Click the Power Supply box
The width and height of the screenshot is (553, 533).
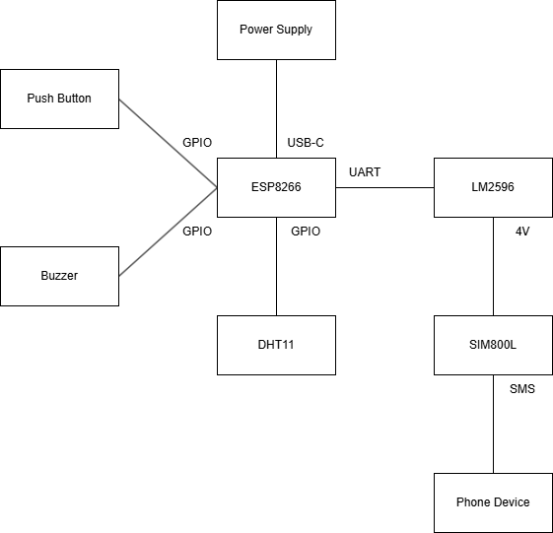click(x=276, y=30)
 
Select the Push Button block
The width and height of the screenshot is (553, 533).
click(x=59, y=99)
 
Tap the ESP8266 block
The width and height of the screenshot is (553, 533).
click(x=276, y=187)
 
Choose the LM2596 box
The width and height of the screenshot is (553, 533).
click(x=493, y=187)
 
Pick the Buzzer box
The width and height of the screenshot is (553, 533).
click(x=59, y=276)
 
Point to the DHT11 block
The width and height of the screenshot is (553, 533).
click(x=276, y=345)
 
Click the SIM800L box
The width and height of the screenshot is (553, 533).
click(x=493, y=345)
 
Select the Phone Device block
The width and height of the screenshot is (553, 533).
click(x=493, y=502)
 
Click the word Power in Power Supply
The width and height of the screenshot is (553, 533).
click(x=255, y=30)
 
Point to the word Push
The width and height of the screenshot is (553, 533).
click(x=39, y=99)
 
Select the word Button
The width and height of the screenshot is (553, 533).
click(x=73, y=99)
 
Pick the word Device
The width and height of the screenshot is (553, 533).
click(x=512, y=502)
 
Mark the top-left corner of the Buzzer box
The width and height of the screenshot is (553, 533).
click(x=1, y=247)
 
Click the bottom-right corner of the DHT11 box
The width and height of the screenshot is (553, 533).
click(x=335, y=374)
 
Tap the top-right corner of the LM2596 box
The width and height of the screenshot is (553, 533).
click(x=552, y=159)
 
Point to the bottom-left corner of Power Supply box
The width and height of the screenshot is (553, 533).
click(x=218, y=59)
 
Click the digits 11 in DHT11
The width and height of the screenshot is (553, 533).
click(x=289, y=345)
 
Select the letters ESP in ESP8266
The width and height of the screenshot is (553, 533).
click(x=262, y=187)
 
